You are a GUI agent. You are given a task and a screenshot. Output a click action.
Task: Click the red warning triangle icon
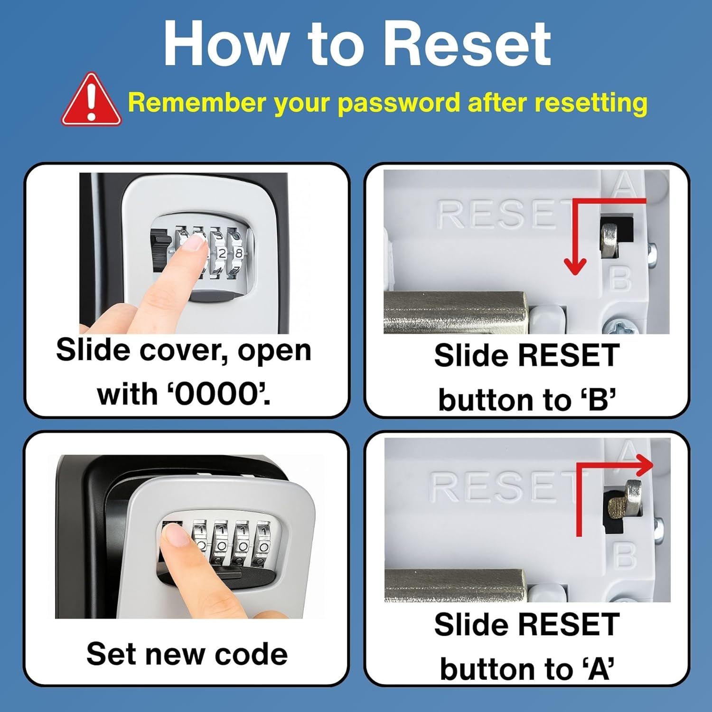click(91, 101)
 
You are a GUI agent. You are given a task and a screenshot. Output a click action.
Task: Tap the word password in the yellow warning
click(399, 103)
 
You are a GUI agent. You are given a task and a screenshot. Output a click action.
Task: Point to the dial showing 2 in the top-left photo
click(221, 254)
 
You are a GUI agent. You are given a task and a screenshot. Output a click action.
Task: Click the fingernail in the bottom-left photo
click(176, 537)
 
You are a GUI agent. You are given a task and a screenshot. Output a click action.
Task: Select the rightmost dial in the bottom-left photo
click(264, 543)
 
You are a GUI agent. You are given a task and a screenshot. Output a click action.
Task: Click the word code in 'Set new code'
click(251, 654)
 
